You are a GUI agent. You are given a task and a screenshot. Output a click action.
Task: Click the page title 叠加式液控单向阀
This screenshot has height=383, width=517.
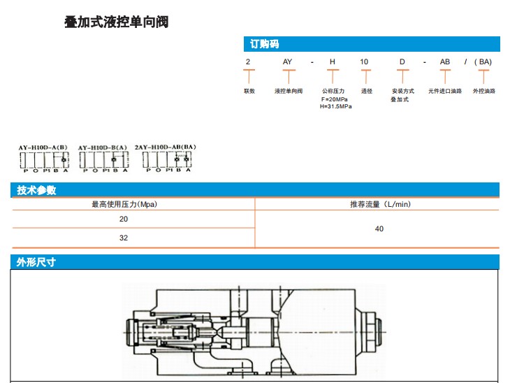coord(116,22)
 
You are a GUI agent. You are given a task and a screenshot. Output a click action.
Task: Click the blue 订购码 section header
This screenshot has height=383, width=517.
coord(265,44)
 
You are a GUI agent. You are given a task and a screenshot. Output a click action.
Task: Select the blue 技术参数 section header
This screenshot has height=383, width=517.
coord(36,190)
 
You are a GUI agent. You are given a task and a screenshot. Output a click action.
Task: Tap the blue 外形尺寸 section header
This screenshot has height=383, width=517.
coord(36,263)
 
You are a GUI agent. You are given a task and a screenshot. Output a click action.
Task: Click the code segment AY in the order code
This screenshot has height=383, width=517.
coord(287,62)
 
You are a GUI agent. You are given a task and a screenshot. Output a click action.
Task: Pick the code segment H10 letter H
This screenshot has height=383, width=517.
coord(333,62)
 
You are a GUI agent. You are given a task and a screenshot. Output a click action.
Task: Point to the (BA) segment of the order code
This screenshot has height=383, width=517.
coord(483,62)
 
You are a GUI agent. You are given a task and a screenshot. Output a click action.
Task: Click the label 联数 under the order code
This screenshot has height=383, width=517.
coord(249,91)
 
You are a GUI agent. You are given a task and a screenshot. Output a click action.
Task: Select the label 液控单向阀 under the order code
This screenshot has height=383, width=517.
coord(288,91)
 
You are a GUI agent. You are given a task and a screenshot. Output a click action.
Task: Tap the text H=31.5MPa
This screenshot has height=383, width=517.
coord(336,107)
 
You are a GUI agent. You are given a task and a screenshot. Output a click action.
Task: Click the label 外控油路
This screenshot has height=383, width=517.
coord(483,91)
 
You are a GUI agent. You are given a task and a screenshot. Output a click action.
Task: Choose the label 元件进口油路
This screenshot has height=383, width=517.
coord(445,91)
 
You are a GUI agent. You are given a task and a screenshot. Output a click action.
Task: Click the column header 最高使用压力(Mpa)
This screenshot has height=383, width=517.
coord(124,204)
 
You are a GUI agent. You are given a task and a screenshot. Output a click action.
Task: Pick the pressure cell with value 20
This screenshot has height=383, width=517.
coord(124,219)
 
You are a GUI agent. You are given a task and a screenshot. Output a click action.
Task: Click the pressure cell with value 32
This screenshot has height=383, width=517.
coord(124,238)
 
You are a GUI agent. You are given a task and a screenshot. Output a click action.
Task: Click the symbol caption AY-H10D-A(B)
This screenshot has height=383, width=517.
coord(43,147)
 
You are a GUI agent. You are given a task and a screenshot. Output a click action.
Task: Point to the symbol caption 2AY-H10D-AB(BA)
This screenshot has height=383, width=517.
coord(166,147)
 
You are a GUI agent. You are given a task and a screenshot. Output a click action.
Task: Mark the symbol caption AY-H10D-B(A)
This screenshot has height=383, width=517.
coord(103,147)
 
